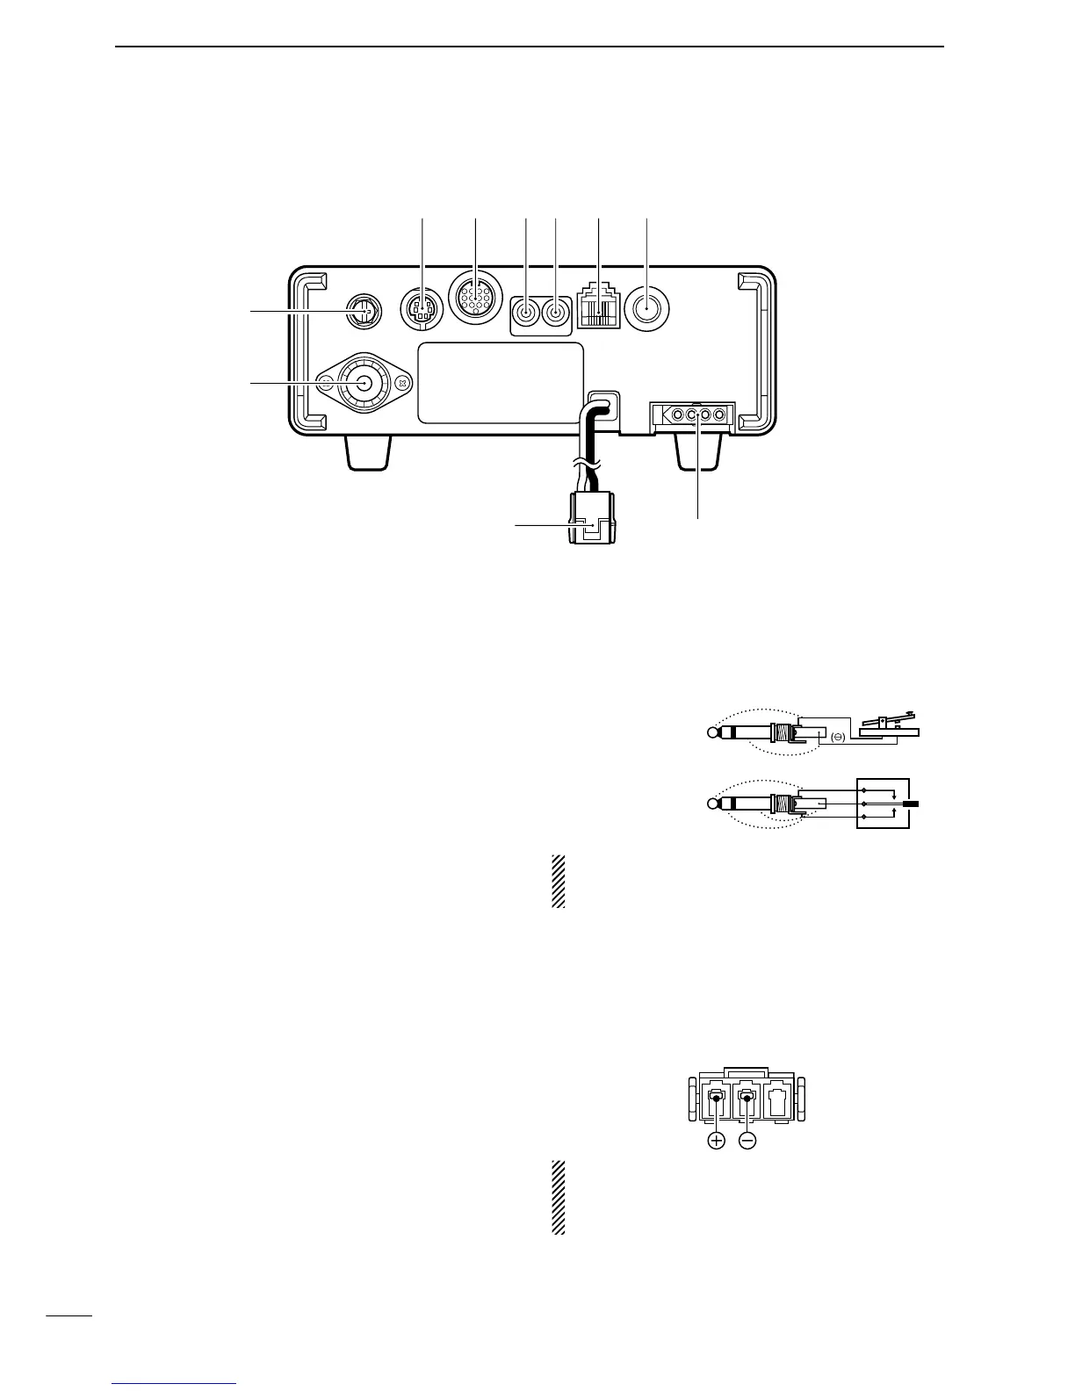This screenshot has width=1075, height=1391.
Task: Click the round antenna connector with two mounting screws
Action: point(361,383)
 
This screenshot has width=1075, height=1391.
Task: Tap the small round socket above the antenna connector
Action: point(362,310)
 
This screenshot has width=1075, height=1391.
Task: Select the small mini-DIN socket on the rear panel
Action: point(422,309)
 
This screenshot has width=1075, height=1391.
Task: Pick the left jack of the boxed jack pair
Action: point(525,311)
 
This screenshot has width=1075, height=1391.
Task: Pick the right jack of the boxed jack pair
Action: point(556,311)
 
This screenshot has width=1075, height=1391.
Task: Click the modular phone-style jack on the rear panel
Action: point(598,310)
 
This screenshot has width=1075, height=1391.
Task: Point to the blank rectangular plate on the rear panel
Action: point(499,382)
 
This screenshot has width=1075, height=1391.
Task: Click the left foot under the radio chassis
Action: point(367,452)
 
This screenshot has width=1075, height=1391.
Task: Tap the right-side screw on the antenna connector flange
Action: point(401,383)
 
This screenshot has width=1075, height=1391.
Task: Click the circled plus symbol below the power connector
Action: point(717,1142)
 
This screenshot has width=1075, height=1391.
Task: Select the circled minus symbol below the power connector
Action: point(747,1142)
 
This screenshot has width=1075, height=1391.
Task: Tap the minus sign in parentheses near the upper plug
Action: point(836,739)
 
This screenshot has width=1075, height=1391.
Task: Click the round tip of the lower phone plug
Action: point(712,804)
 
